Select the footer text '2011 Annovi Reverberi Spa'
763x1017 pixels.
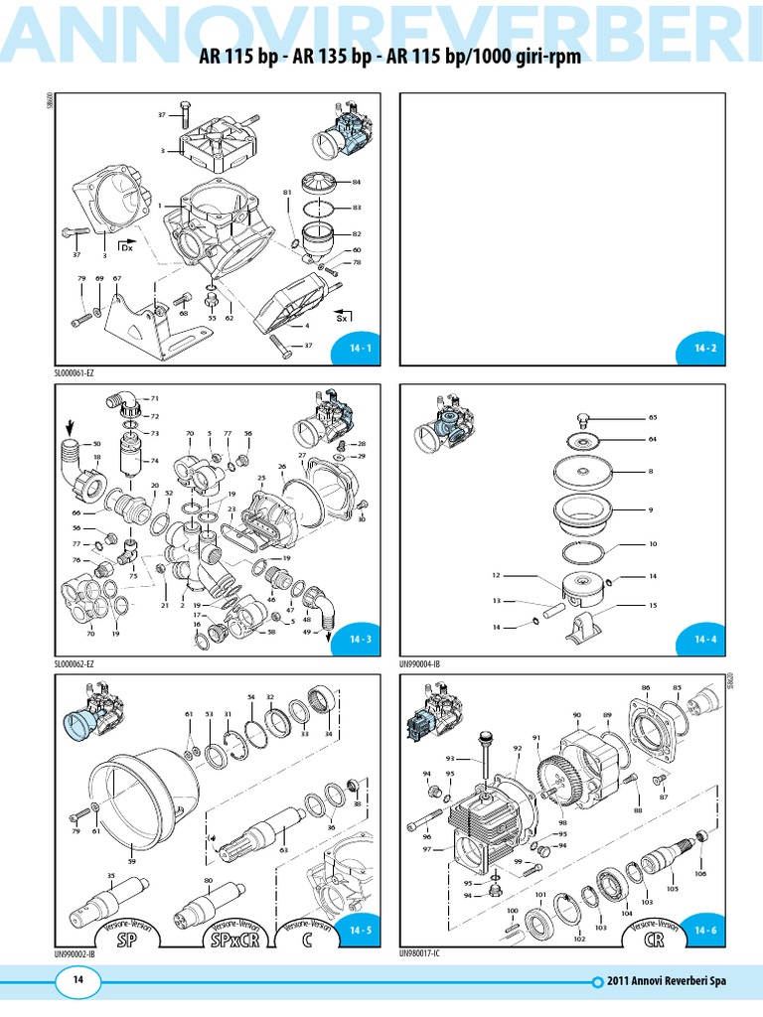[669, 981]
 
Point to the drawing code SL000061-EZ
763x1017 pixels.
[79, 373]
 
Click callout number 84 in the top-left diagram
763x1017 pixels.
[357, 183]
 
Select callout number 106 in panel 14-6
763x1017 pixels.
[700, 874]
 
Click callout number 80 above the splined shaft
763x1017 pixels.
[208, 880]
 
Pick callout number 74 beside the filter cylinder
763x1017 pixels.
[154, 461]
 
